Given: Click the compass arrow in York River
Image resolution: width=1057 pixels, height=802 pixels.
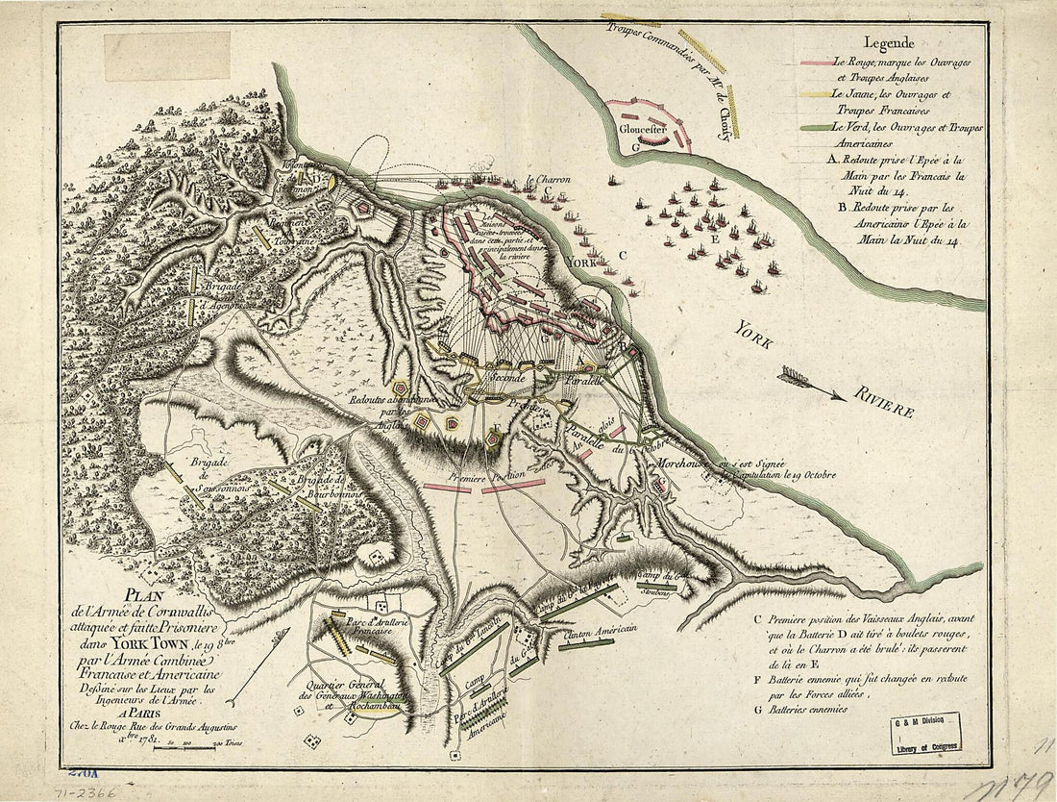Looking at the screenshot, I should coord(812,384).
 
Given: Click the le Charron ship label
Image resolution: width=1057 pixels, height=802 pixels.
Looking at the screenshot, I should coord(549,180).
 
